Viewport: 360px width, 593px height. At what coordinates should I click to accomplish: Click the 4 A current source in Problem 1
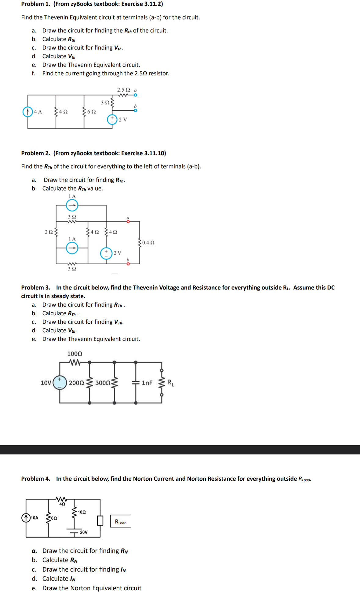[x=28, y=112]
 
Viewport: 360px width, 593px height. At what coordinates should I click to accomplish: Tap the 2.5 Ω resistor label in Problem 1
[x=123, y=90]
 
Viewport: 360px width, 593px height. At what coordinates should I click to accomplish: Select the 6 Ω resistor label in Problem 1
[x=92, y=112]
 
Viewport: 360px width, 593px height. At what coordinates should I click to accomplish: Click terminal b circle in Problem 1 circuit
[x=136, y=110]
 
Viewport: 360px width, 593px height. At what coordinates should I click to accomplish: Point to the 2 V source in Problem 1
[x=112, y=119]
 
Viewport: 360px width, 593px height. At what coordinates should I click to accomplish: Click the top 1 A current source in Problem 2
[x=72, y=205]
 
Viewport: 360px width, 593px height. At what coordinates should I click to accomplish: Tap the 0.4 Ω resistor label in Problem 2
[x=148, y=243]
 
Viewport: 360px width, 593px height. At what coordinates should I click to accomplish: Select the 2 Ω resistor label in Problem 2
[x=49, y=232]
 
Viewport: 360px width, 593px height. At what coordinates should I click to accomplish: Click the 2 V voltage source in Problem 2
[x=106, y=253]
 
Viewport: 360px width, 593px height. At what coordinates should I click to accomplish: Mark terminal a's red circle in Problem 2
[x=128, y=222]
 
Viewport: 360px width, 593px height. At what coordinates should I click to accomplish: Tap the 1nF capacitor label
[x=147, y=383]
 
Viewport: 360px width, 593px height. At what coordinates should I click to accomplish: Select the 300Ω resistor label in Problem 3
[x=103, y=383]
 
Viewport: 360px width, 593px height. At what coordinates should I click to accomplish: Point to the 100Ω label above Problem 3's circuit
[x=75, y=354]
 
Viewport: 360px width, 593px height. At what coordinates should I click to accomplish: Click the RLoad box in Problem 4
[x=121, y=521]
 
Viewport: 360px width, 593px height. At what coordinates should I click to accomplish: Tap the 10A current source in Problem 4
[x=26, y=518]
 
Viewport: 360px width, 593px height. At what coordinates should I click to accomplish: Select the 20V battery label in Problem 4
[x=84, y=532]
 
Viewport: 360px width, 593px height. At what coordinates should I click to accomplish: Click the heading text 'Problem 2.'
[x=35, y=153]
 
